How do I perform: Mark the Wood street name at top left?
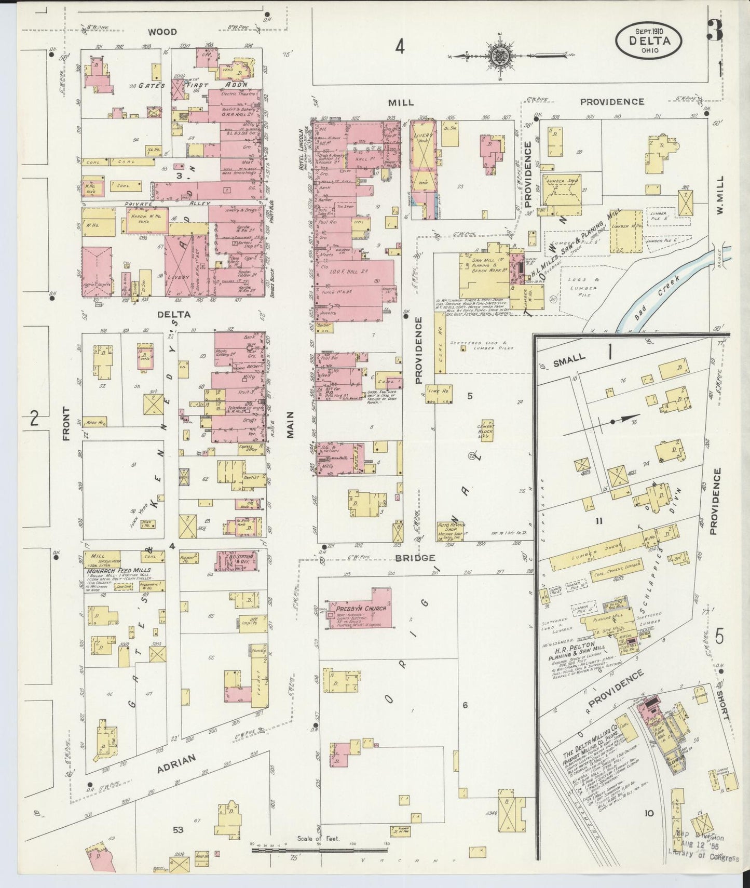162,32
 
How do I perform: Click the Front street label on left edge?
66,424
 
